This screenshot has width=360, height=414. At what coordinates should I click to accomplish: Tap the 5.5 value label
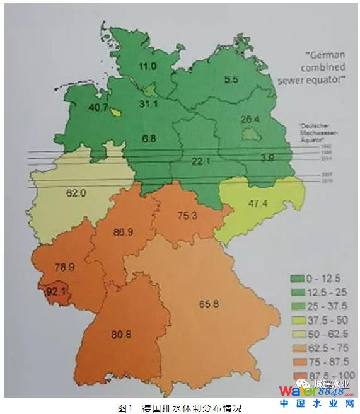(x=231, y=79)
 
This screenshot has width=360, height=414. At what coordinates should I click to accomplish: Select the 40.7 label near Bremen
(x=98, y=107)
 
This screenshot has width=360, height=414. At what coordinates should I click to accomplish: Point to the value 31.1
(x=148, y=103)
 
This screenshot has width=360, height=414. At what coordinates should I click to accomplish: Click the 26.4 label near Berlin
(x=250, y=119)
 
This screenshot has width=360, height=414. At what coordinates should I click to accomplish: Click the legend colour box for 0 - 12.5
(x=295, y=279)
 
